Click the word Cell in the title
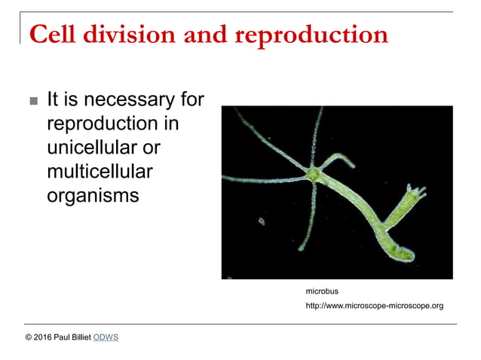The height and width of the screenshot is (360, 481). tap(53, 35)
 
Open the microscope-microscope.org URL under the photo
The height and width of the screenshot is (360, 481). tap(374, 306)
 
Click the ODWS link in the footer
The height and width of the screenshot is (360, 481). tap(106, 337)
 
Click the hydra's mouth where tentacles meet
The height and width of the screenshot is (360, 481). tap(313, 174)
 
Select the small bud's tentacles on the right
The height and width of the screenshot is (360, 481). tap(415, 188)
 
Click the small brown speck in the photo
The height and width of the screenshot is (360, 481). tap(262, 221)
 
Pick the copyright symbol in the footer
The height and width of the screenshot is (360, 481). tap(29, 337)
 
